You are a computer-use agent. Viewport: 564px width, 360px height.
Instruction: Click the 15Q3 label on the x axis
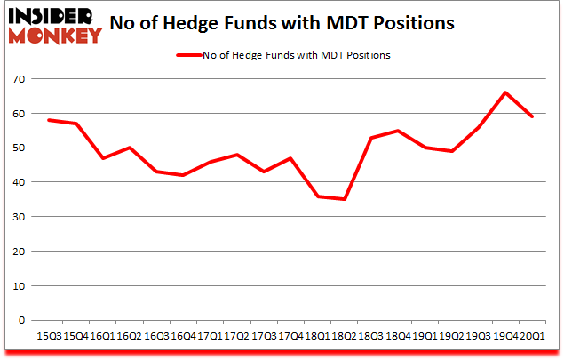[x=49, y=336]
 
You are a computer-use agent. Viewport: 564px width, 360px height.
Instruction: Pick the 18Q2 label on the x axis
[x=343, y=336]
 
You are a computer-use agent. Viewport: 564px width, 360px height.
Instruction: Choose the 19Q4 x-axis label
[x=504, y=336]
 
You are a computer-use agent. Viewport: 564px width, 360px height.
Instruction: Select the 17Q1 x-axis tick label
[x=210, y=336]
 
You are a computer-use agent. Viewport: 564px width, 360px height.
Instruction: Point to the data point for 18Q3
[x=370, y=138]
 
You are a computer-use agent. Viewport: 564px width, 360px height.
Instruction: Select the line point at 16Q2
[x=130, y=148]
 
